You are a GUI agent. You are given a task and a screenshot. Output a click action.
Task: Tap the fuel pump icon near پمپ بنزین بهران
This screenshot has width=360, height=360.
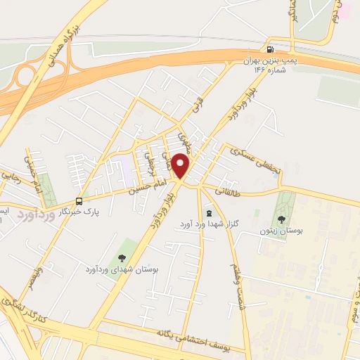coord(270,49)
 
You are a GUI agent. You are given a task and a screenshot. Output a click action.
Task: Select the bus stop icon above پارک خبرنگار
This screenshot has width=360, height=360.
coord(80,200)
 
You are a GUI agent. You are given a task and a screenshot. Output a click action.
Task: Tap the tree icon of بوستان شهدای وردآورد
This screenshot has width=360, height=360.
coord(122,259)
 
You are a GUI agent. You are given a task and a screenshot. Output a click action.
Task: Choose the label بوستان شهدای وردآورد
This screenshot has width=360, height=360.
coord(122,269)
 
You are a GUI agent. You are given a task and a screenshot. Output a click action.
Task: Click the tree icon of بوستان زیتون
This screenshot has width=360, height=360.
coord(282,220)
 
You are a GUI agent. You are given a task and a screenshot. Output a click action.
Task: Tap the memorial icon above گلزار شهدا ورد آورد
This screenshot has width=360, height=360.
coord(207,213)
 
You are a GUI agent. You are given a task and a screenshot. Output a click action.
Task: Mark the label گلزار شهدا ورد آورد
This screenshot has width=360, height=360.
coord(207,224)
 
